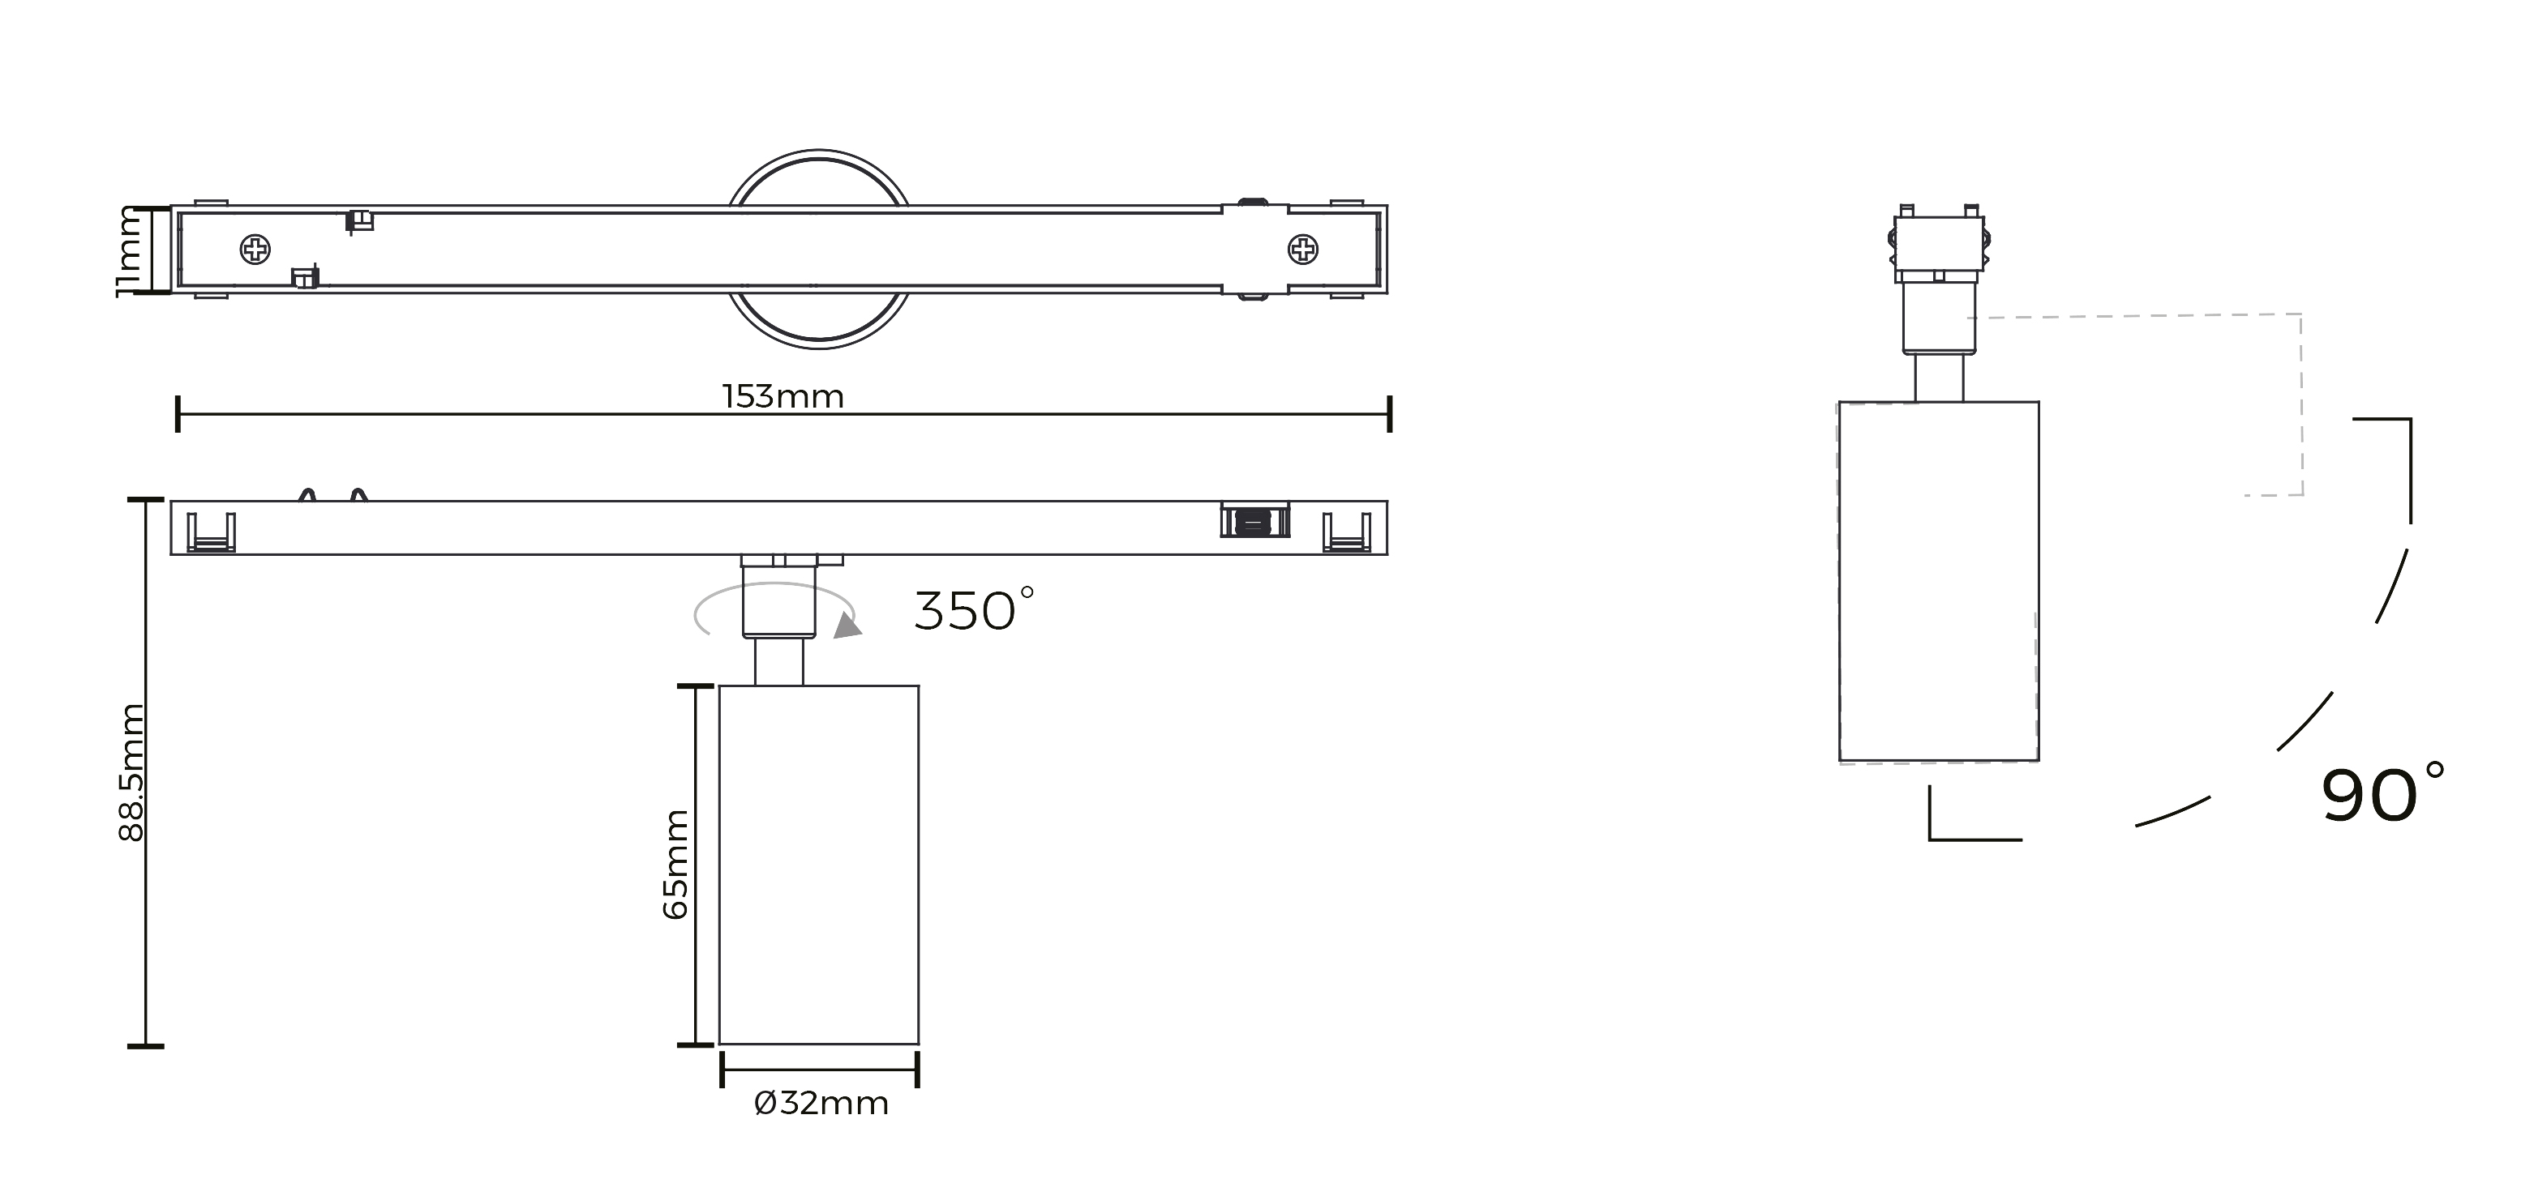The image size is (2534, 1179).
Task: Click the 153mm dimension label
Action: point(783,396)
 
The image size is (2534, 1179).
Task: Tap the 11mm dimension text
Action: point(131,250)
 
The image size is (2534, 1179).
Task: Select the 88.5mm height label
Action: point(131,772)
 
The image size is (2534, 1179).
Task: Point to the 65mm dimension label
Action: point(675,865)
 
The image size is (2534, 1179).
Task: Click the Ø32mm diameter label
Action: point(821,1104)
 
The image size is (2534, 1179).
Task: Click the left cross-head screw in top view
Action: point(255,250)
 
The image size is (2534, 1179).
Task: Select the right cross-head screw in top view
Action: point(1303,250)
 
